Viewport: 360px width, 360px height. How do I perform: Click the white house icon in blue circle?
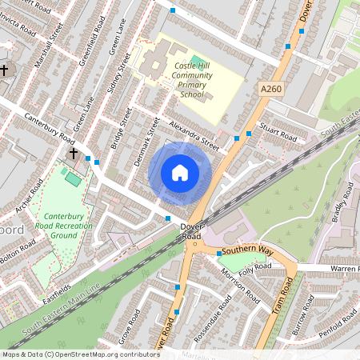coord(180,172)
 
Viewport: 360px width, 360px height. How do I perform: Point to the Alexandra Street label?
coord(193,134)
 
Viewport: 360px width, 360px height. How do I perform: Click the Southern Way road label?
coord(248,251)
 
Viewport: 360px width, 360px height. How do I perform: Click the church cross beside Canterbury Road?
coord(74,153)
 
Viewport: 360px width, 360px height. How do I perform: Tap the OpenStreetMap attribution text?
coord(81,354)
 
